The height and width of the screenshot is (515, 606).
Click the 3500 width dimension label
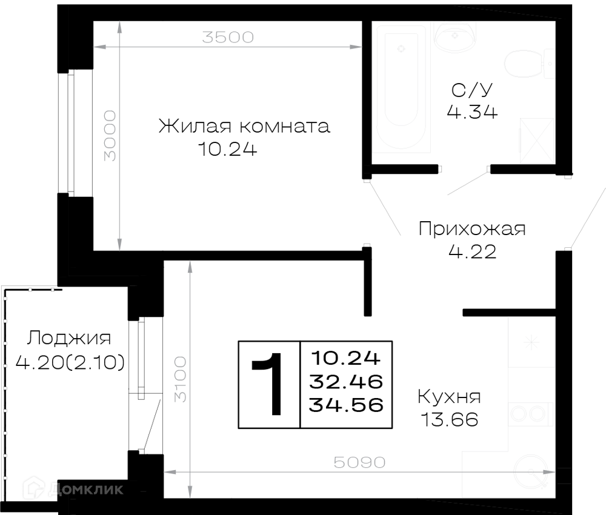[x=228, y=37]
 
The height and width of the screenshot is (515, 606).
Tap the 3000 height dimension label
[x=110, y=136]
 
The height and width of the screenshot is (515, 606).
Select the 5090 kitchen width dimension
[x=359, y=462]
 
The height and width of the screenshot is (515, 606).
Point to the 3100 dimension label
[x=180, y=379]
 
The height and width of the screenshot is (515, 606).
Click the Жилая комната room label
[x=244, y=127]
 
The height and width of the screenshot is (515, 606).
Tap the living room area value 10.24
[x=227, y=149]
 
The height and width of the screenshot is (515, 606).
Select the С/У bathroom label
[x=472, y=90]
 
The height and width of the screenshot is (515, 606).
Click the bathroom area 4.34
[x=472, y=112]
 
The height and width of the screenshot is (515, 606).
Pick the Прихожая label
[x=472, y=228]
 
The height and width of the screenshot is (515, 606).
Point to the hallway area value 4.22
[x=472, y=252]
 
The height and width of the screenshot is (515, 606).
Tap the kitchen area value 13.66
[x=450, y=419]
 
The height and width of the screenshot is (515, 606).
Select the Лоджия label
[x=69, y=339]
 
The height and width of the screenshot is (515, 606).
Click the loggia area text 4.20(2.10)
[x=70, y=362]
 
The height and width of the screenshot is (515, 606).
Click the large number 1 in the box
[x=268, y=384]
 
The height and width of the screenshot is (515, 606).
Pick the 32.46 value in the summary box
[x=346, y=382]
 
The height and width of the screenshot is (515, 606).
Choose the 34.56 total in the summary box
[x=346, y=405]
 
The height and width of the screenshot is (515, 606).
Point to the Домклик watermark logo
[x=73, y=490]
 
